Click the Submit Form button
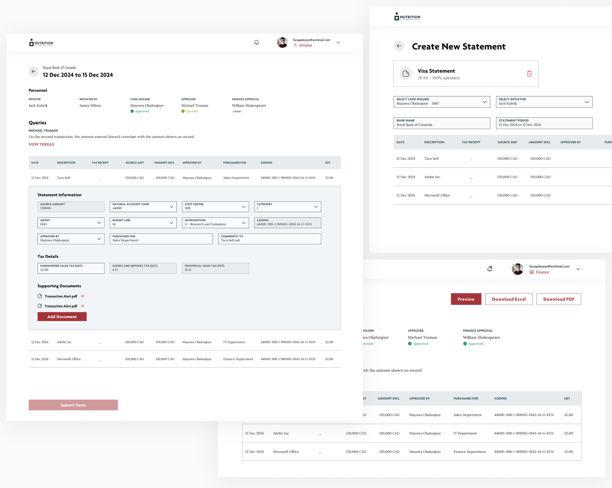pyautogui.click(x=73, y=405)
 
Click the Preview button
pyautogui.click(x=466, y=299)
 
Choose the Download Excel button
pyautogui.click(x=509, y=299)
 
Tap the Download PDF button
pyautogui.click(x=559, y=299)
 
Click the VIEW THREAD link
pyautogui.click(x=41, y=144)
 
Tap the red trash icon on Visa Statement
pyautogui.click(x=529, y=74)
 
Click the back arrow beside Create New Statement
pyautogui.click(x=399, y=46)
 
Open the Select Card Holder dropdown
pyautogui.click(x=442, y=102)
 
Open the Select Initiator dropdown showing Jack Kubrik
pyautogui.click(x=544, y=102)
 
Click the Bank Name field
pyautogui.click(x=442, y=123)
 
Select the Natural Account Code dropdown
pyautogui.click(x=143, y=207)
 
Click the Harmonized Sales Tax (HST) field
pyautogui.click(x=71, y=268)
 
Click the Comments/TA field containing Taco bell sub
pyautogui.click(x=269, y=239)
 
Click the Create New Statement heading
pyautogui.click(x=458, y=46)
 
